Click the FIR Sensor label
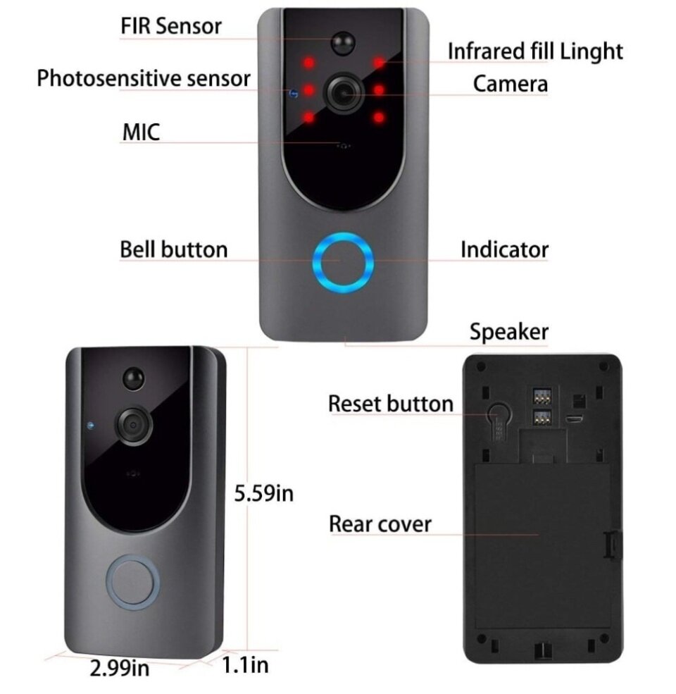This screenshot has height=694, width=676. tap(171, 26)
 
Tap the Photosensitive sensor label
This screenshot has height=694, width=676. tap(144, 78)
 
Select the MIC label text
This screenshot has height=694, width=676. tap(141, 132)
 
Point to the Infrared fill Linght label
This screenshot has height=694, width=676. tap(535, 51)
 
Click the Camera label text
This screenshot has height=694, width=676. tap(510, 84)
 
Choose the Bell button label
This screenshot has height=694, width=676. tap(174, 249)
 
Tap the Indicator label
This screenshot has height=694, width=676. tap(504, 249)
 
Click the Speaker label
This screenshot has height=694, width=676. tap(509, 332)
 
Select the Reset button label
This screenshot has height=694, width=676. tap(391, 404)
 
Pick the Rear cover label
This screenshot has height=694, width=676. tap(380, 524)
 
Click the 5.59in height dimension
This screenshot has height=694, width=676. tap(263, 493)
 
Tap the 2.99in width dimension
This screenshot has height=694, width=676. tap(120, 669)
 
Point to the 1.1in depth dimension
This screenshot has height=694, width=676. tap(245, 665)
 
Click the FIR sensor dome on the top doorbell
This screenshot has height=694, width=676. tap(344, 43)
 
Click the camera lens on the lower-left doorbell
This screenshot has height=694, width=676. tap(132, 426)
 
